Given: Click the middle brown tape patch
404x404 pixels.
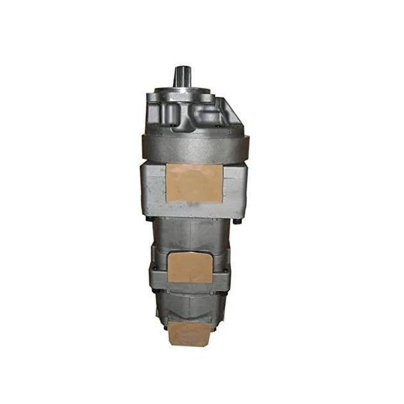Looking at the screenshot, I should pos(191,266).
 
